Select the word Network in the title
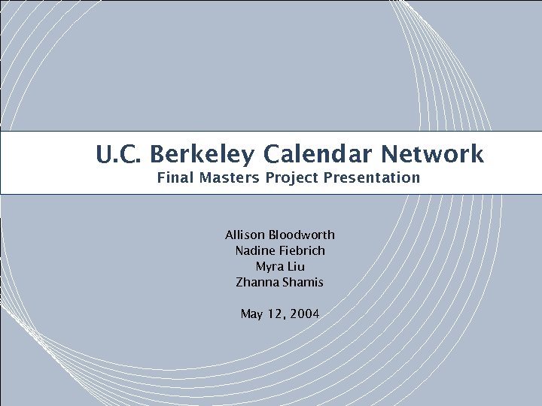pos(432,155)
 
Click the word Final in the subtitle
pos(173,178)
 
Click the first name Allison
pos(245,235)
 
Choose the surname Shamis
pos(304,282)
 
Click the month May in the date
pos(251,314)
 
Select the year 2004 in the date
pos(304,314)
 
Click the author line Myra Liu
pos(280,266)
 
